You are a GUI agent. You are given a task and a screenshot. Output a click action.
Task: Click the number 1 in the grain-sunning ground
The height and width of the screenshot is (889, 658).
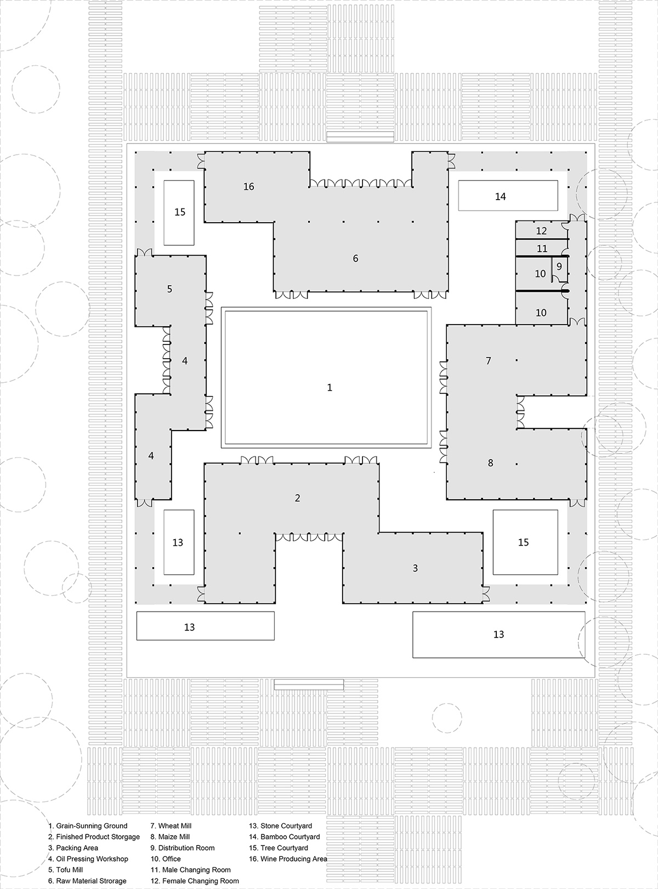(x=330, y=388)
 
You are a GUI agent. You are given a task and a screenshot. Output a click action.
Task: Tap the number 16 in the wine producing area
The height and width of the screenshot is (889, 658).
(x=248, y=186)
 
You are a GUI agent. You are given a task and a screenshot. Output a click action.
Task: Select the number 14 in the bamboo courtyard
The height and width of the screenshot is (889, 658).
(x=500, y=196)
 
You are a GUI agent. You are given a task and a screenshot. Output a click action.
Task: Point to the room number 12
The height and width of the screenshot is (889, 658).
(x=541, y=231)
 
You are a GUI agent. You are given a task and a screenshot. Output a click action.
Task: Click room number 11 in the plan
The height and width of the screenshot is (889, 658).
(x=542, y=249)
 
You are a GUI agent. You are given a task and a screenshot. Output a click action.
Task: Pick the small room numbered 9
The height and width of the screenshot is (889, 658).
(x=559, y=267)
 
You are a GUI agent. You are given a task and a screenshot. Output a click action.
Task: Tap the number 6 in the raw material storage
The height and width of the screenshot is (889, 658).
(x=355, y=258)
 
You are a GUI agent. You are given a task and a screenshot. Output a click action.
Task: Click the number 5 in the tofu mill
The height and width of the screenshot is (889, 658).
(x=169, y=289)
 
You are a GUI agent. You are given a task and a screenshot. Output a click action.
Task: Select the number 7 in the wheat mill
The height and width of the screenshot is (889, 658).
(x=488, y=361)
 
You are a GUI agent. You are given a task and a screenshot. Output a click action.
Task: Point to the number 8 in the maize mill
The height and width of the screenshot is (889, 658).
(x=491, y=463)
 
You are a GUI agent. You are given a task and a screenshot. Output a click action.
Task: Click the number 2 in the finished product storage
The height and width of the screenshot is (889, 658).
(x=297, y=498)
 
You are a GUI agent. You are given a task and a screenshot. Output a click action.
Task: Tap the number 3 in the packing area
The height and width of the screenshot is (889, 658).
(x=415, y=568)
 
